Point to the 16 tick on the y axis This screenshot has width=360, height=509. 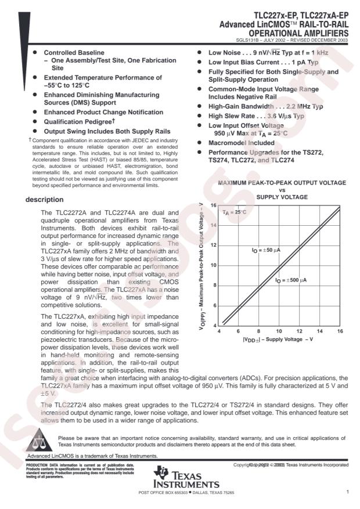(213, 205)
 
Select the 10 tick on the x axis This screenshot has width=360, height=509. (279, 330)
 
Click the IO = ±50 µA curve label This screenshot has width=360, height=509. (266, 250)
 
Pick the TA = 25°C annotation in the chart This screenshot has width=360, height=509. (235, 213)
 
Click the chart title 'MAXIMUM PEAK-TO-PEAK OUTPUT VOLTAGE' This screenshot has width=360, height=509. (282, 182)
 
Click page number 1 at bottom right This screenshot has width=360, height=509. (346, 492)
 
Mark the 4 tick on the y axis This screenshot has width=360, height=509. (215, 325)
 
